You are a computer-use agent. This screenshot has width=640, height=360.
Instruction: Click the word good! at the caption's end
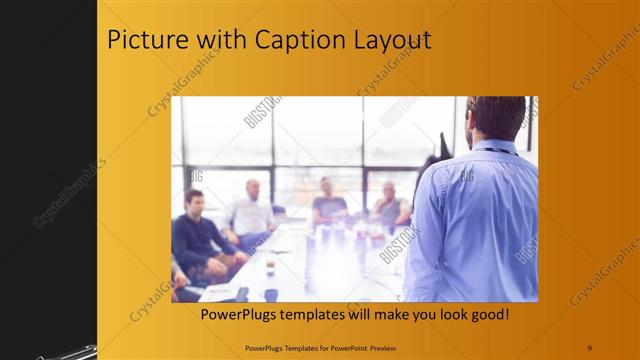(x=487, y=314)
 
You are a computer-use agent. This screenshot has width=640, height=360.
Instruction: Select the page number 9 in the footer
(x=589, y=347)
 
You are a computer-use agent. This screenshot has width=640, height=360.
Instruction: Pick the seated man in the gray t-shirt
(x=327, y=204)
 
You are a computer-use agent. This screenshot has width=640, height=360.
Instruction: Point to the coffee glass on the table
(x=270, y=263)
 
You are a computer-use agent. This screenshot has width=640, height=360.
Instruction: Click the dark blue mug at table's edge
(x=271, y=294)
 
